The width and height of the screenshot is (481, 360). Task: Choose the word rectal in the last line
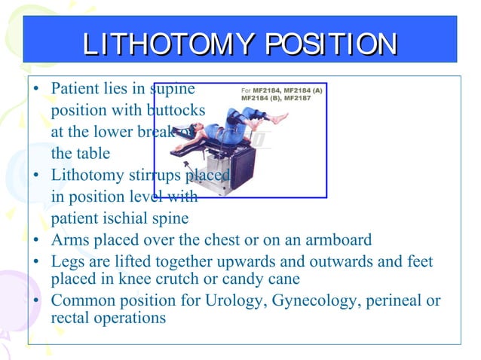click(69, 318)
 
